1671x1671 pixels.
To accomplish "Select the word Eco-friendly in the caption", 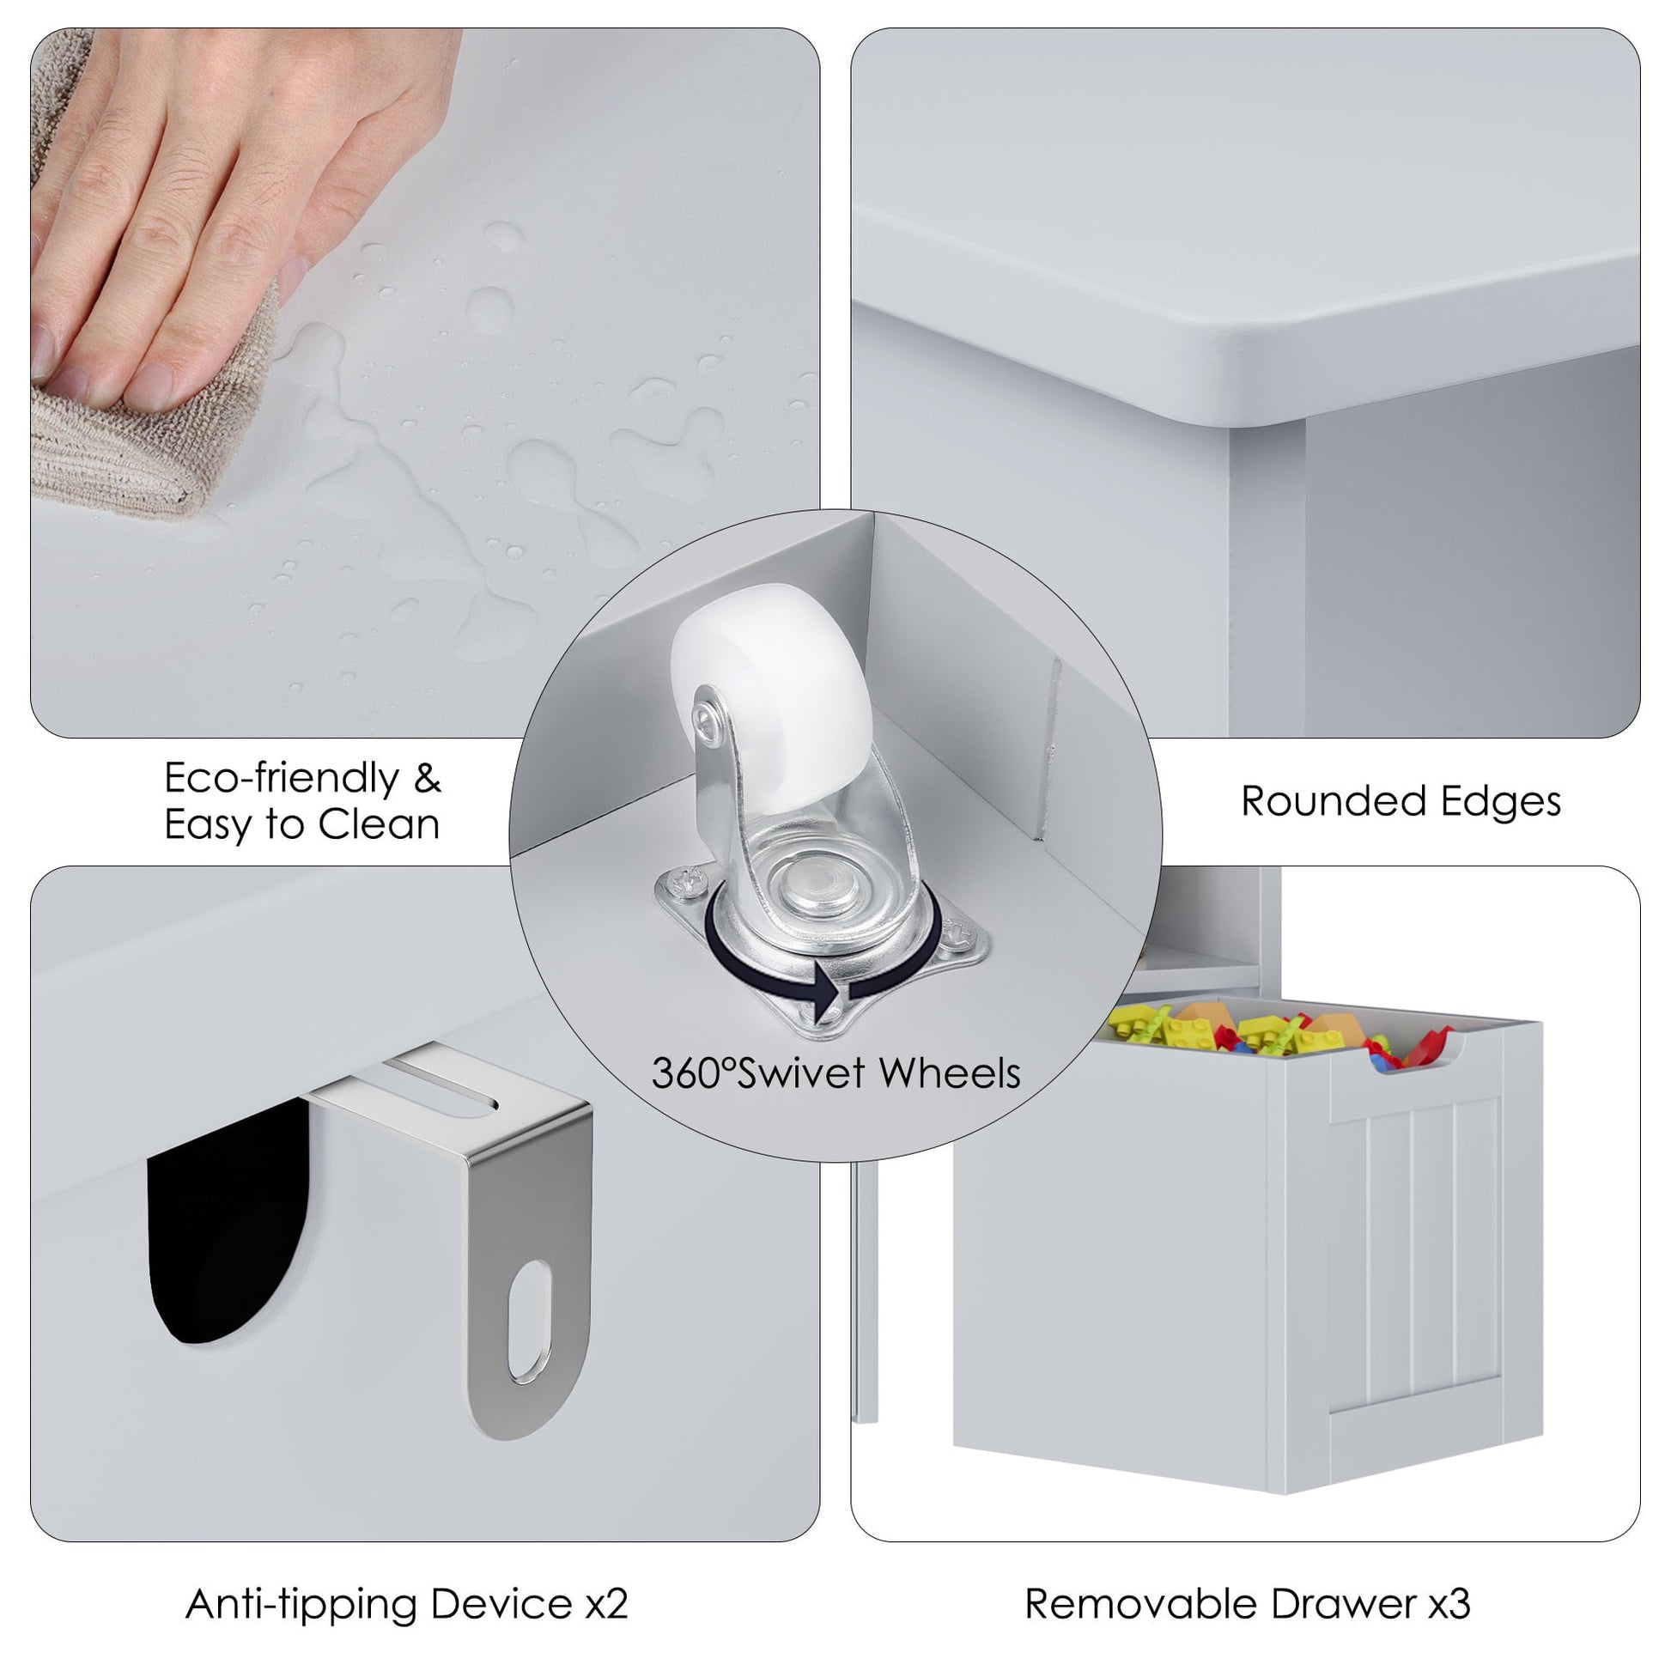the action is point(282,779).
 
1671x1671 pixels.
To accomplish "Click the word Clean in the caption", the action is point(379,823).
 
